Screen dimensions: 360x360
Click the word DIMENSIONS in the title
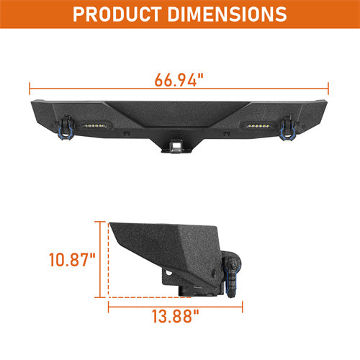pos(223,14)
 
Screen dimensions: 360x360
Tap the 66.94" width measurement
pos(178,79)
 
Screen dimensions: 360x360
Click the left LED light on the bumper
pos(94,123)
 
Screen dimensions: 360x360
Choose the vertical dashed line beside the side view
pos(108,259)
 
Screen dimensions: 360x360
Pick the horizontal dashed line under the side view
pos(144,296)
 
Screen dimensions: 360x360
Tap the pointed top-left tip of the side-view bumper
pos(112,223)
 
